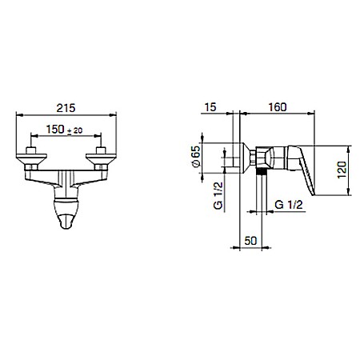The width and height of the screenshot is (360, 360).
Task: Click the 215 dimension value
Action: click(x=66, y=108)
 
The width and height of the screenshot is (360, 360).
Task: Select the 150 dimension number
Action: click(x=55, y=130)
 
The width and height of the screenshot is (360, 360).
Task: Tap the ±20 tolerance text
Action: click(x=74, y=131)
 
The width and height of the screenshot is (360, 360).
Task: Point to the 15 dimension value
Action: click(x=210, y=107)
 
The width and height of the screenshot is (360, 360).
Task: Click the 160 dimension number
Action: click(x=278, y=107)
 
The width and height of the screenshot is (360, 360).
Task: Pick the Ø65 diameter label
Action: click(x=196, y=157)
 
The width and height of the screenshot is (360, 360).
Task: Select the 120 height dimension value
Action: click(x=342, y=170)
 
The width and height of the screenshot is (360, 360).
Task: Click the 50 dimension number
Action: click(x=250, y=241)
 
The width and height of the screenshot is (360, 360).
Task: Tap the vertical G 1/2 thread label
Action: click(x=218, y=196)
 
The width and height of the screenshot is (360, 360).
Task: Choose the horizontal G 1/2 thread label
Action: click(x=289, y=205)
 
